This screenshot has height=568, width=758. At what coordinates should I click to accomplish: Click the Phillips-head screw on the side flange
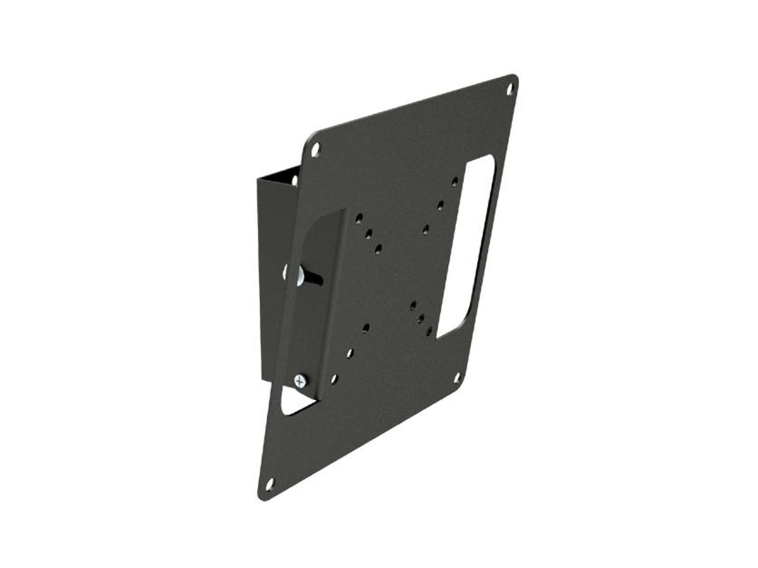(299, 381)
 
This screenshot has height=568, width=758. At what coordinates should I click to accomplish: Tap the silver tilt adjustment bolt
(297, 275)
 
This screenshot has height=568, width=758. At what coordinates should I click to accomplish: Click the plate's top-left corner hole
(316, 150)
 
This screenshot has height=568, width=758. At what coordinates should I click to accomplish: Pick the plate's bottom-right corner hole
(457, 377)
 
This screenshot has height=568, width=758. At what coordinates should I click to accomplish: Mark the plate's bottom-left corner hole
(270, 484)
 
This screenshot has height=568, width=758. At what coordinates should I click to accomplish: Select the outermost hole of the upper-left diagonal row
(359, 218)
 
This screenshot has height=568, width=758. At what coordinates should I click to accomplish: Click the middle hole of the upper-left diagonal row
(368, 234)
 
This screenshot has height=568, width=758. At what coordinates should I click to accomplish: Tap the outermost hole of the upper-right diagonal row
(454, 182)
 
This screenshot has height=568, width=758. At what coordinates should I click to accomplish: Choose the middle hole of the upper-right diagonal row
(440, 204)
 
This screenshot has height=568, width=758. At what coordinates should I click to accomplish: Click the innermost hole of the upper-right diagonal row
(426, 228)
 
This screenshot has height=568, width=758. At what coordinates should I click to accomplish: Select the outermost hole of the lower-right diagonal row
(429, 331)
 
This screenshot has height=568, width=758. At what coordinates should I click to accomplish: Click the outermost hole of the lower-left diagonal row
(334, 379)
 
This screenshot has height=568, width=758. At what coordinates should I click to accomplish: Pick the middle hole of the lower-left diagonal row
(349, 353)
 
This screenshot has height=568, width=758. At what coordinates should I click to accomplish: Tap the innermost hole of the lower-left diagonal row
(366, 328)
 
